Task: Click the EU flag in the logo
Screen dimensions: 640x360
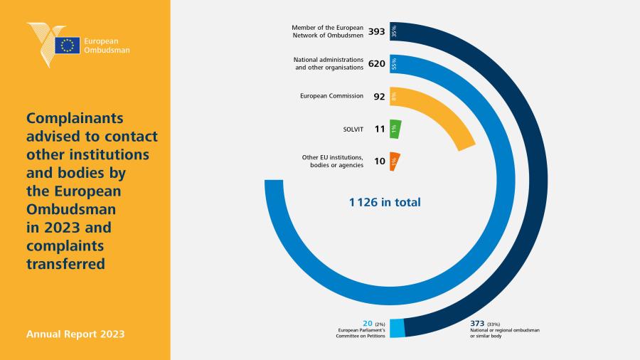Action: pyautogui.click(x=68, y=46)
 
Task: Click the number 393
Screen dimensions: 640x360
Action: pyautogui.click(x=376, y=31)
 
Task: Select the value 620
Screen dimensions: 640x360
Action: pyautogui.click(x=376, y=63)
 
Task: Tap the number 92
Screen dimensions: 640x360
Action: pyautogui.click(x=379, y=96)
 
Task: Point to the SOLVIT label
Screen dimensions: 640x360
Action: pyautogui.click(x=353, y=129)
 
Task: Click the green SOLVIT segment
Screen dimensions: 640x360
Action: pyautogui.click(x=395, y=129)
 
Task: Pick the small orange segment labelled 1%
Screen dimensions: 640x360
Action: pyautogui.click(x=394, y=162)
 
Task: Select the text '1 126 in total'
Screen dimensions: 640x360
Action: pyautogui.click(x=385, y=202)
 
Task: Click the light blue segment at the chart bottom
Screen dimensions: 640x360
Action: pyautogui.click(x=397, y=328)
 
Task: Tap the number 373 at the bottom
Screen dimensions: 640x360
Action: pyautogui.click(x=477, y=323)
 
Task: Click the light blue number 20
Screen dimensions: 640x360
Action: pyautogui.click(x=368, y=323)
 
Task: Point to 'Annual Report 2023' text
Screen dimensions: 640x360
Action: pyautogui.click(x=75, y=334)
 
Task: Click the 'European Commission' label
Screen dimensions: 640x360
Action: pyautogui.click(x=331, y=96)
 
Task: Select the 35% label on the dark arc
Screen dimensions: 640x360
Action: pyautogui.click(x=394, y=31)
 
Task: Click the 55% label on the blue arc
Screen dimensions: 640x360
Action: pyautogui.click(x=394, y=63)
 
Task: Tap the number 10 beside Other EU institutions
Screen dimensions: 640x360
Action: pyautogui.click(x=380, y=162)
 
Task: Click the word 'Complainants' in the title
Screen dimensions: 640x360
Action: pyautogui.click(x=75, y=118)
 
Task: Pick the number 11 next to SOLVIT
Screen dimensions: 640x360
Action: pyautogui.click(x=380, y=129)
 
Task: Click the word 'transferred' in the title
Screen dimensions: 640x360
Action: pyautogui.click(x=65, y=264)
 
